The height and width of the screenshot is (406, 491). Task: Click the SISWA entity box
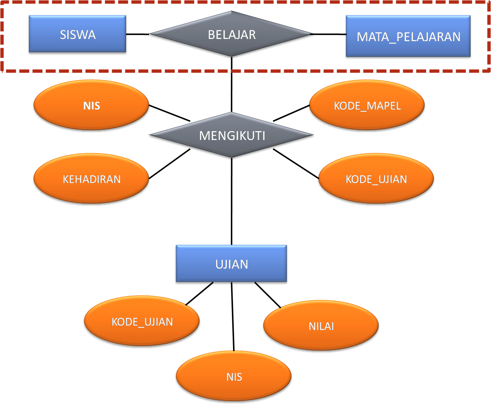(78, 35)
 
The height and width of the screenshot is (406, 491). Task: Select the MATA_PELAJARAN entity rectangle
(408, 37)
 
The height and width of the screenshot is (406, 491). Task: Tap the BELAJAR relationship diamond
(232, 35)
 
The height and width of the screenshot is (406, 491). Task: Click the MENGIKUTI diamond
(232, 136)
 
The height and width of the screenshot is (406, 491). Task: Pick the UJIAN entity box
(232, 264)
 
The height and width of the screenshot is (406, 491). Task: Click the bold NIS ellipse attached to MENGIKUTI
(91, 106)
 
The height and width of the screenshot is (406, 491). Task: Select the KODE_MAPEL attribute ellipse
(367, 106)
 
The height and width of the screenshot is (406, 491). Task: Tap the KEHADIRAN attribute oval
(91, 179)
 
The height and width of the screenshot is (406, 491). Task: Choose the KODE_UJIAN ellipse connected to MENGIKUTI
(376, 179)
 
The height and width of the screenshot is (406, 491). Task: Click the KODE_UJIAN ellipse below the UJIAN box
(142, 322)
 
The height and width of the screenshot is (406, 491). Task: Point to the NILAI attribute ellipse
(321, 326)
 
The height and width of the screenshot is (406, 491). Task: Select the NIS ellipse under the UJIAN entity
(234, 377)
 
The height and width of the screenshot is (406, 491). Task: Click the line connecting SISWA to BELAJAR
(138, 35)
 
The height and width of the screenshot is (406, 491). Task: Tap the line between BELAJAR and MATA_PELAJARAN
(330, 35)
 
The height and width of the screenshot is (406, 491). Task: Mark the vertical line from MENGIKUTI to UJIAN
(232, 202)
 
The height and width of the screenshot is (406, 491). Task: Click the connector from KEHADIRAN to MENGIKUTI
(170, 164)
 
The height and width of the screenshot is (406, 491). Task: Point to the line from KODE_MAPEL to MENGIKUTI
(291, 114)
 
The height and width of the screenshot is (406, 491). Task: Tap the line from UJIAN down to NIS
(233, 318)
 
